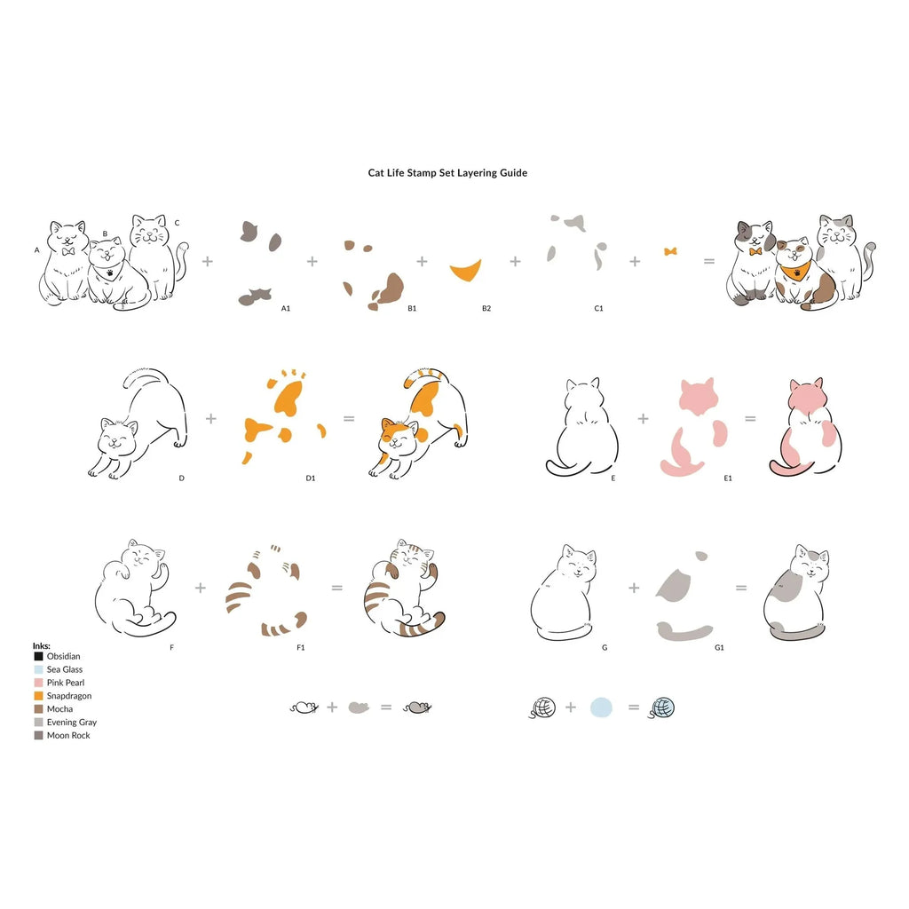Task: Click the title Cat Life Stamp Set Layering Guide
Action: tap(447, 173)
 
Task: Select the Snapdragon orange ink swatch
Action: tap(39, 696)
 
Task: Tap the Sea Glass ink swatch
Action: tap(39, 669)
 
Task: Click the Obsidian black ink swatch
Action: tap(39, 656)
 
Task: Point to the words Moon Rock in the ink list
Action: tap(68, 735)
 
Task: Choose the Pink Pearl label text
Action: tap(66, 683)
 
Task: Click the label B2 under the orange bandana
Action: tap(486, 308)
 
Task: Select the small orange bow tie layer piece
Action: tap(670, 251)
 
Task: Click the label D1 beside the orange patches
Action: tap(311, 478)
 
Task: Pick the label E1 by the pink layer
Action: tap(728, 478)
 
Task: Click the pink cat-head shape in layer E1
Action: tap(699, 397)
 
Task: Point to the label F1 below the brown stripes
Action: tap(300, 647)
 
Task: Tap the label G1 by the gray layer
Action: tap(719, 647)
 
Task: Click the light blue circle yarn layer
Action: tap(601, 707)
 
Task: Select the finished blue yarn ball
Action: tap(662, 707)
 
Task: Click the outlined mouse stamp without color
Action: tap(304, 707)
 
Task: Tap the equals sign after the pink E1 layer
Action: tap(750, 419)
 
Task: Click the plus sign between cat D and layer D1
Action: tap(211, 419)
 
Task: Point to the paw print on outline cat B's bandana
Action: tap(110, 271)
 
